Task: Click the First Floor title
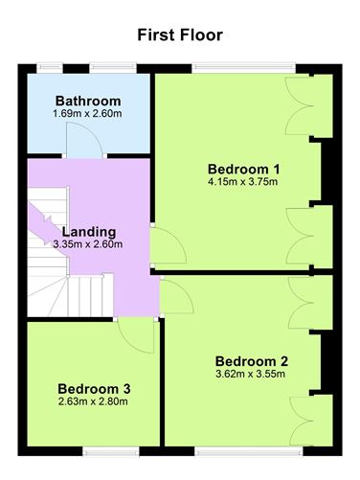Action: coord(180,34)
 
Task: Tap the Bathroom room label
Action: coord(88,101)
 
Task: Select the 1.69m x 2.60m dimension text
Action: coord(87,113)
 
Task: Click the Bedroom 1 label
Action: coord(244,169)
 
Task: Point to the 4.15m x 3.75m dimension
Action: coord(242,182)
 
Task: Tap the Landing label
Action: coord(89,232)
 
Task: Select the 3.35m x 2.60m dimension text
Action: coord(88,244)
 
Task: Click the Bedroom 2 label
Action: coord(252,361)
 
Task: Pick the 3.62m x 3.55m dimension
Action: coord(250,374)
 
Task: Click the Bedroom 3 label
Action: coord(94,389)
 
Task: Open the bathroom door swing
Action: coord(84,140)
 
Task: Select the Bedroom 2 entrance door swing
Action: coord(176,295)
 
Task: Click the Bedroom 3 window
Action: coord(111,451)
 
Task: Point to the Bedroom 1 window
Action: coord(244,68)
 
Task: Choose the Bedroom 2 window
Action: coord(249,451)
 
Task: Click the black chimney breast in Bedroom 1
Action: coord(326,171)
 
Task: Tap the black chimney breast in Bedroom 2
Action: coord(326,363)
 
